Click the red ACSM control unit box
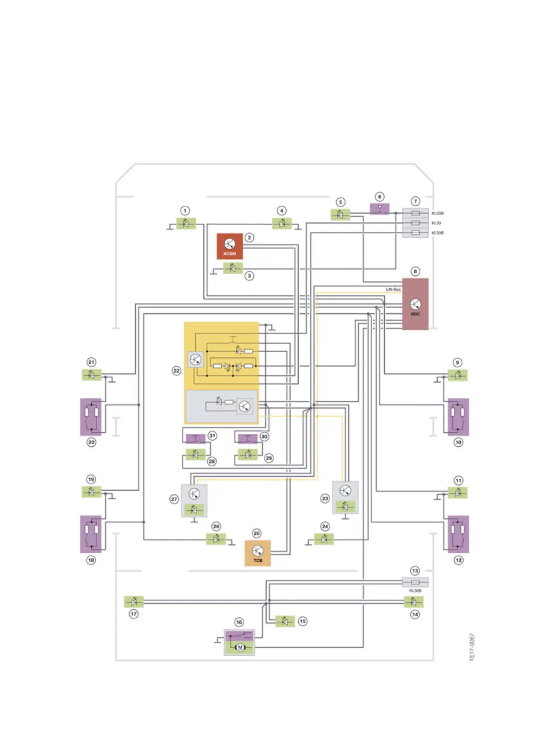click(x=230, y=246)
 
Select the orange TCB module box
click(x=257, y=553)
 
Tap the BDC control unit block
click(x=415, y=304)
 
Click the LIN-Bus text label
click(x=393, y=290)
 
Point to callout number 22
click(x=176, y=371)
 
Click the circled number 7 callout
click(x=415, y=201)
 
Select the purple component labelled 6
click(x=380, y=209)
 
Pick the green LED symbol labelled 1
click(x=186, y=223)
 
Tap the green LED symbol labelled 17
click(x=134, y=601)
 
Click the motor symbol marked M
click(x=240, y=647)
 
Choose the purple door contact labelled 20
click(x=91, y=417)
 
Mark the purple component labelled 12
click(x=458, y=534)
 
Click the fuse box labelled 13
click(x=415, y=582)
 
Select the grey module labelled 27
click(x=194, y=500)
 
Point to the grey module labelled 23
click(x=345, y=497)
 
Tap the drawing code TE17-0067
click(x=472, y=647)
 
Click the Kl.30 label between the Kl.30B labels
click(x=436, y=223)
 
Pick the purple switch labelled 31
click(x=195, y=438)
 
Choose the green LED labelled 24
click(x=324, y=539)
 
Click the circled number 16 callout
click(x=239, y=622)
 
